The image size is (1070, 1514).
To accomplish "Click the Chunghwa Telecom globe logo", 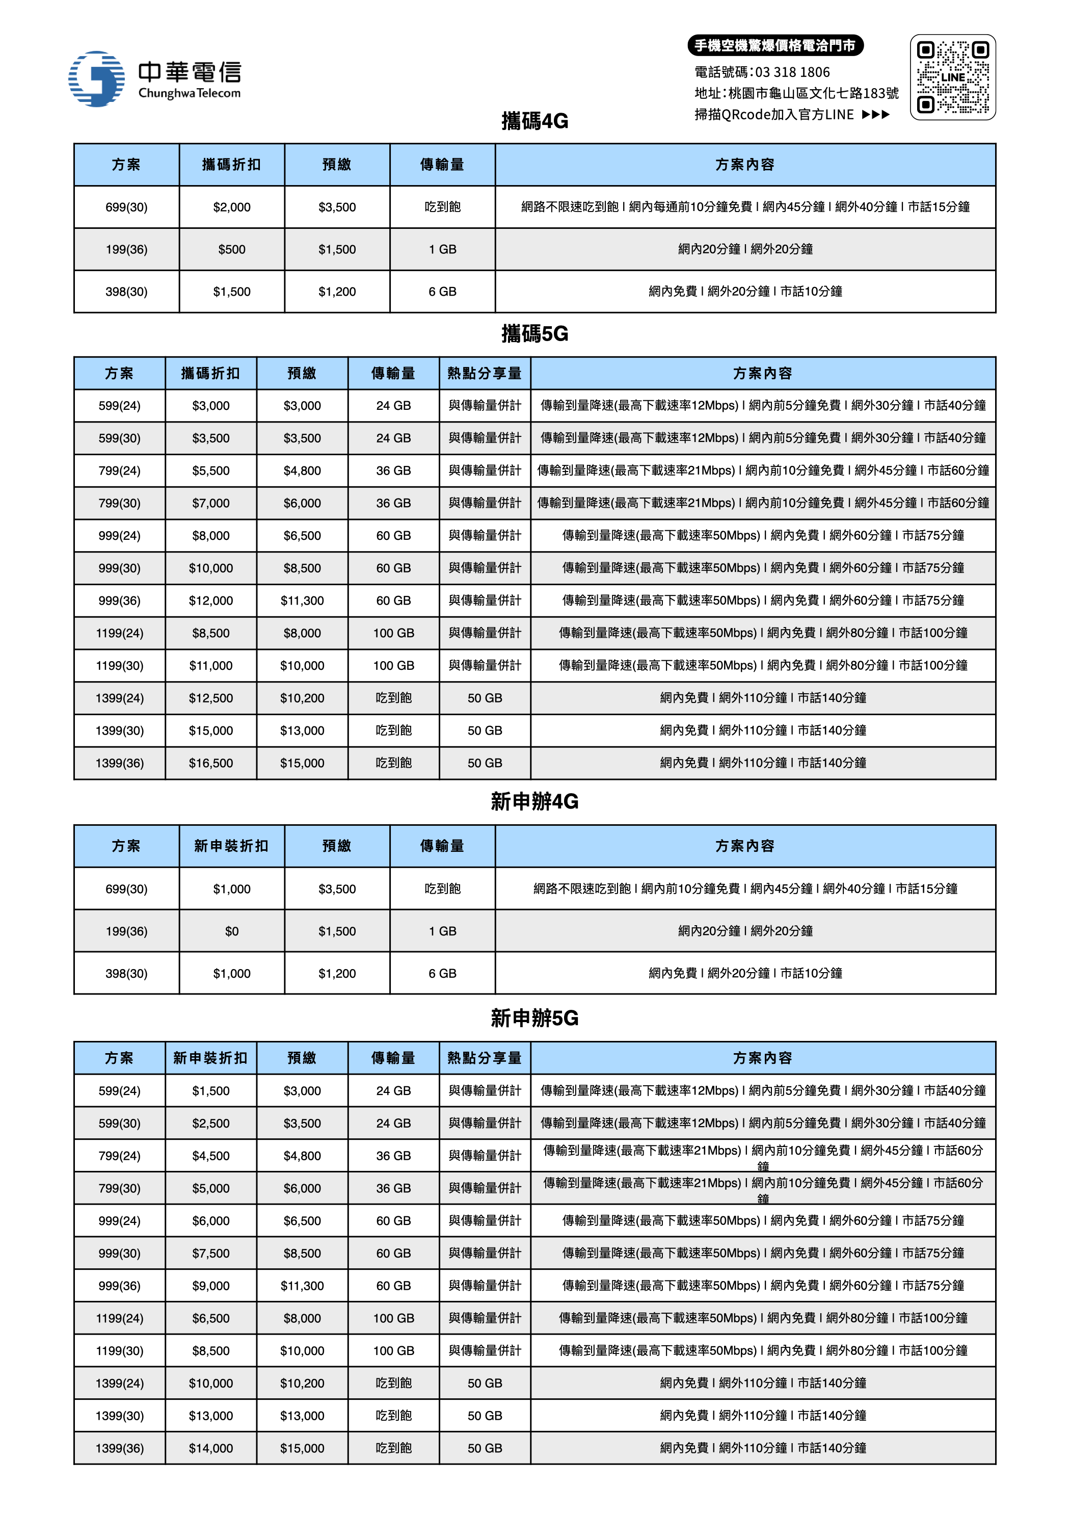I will click(x=96, y=79).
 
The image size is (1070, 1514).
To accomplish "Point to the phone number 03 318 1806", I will click(x=792, y=72).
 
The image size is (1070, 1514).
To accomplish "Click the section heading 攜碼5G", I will click(x=534, y=334).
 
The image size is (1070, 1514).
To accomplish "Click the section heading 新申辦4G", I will click(x=534, y=801).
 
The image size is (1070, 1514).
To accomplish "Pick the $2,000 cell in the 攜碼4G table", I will click(x=231, y=207).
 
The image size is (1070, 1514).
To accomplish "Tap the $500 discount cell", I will click(x=231, y=249).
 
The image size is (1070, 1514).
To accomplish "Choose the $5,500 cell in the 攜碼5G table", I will click(x=211, y=470).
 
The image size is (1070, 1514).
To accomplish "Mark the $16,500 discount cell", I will click(x=211, y=763).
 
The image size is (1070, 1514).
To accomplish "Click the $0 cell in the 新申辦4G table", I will click(x=231, y=931).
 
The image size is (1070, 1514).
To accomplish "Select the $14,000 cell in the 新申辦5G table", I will click(x=211, y=1448).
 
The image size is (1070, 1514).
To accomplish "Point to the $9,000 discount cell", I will click(x=211, y=1286).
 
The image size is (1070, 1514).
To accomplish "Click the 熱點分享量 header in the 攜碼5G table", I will click(x=485, y=373).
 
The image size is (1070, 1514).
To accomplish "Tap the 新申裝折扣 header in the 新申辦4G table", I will click(x=231, y=846).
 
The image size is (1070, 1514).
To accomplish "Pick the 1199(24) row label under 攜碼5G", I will click(x=119, y=633).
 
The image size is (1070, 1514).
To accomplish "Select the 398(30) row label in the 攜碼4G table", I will click(x=126, y=292).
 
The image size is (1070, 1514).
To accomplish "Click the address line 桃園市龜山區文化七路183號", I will click(x=813, y=93).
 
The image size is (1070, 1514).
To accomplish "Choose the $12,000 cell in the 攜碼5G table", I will click(x=211, y=601).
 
